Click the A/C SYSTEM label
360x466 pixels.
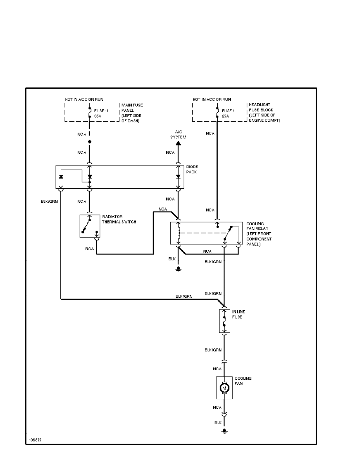[178, 135]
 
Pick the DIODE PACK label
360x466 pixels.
[192, 169]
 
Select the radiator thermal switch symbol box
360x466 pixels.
[90, 226]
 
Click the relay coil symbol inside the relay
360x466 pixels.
[179, 232]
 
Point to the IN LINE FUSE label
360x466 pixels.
[237, 314]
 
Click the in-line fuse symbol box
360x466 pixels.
[224, 321]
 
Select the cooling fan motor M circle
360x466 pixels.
[224, 388]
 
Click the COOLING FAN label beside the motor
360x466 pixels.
[243, 381]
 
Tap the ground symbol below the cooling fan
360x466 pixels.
[224, 431]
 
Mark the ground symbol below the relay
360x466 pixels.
[178, 269]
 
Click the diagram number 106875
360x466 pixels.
[35, 440]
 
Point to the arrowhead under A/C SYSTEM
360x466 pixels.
[178, 143]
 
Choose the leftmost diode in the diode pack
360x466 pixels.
[61, 177]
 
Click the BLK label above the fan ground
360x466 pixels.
[218, 422]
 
